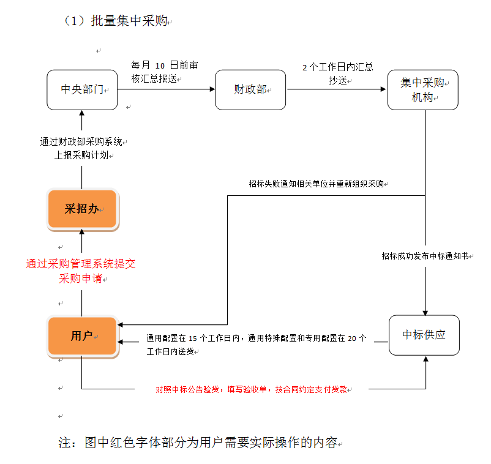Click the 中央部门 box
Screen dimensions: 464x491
pos(82,90)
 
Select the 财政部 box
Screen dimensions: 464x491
pos(250,90)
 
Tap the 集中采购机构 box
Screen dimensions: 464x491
pos(422,90)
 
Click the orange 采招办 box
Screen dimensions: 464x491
pos(82,209)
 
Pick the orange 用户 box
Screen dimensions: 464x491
pos(82,336)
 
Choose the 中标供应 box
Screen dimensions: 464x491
pos(424,335)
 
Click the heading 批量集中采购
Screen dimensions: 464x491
pos(116,21)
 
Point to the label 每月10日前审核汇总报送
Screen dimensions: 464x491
pos(165,71)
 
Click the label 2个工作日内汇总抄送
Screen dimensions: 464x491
pos(337,73)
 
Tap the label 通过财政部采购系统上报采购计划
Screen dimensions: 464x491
pos(82,148)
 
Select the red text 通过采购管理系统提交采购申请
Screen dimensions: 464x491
pos(81,271)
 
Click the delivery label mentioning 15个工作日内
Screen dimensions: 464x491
pos(257,345)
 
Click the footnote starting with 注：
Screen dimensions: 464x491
pos(200,443)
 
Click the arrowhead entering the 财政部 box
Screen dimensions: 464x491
pos(212,90)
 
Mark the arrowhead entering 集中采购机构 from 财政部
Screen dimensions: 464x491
pos(384,90)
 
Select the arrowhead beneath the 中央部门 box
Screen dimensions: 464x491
pos(82,113)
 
